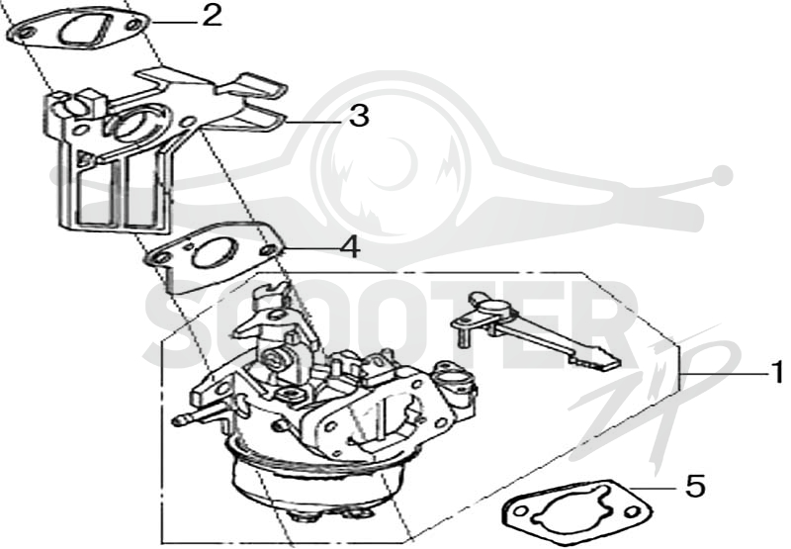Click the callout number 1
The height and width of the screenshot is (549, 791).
click(x=778, y=373)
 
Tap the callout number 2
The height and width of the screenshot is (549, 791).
click(x=212, y=15)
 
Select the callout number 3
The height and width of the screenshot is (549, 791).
click(x=359, y=116)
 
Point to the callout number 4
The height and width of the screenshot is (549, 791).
click(x=350, y=247)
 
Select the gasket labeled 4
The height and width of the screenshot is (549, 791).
click(x=214, y=257)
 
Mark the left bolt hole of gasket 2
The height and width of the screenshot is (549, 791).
click(x=22, y=34)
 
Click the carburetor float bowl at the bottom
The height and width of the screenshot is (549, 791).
click(x=317, y=480)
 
